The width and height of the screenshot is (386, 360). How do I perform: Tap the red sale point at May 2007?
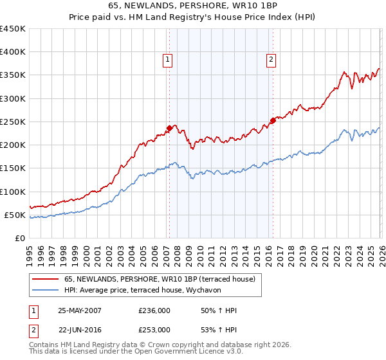click(x=169, y=128)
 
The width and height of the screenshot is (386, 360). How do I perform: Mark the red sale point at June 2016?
click(x=272, y=120)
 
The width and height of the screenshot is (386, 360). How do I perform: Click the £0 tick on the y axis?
click(x=21, y=238)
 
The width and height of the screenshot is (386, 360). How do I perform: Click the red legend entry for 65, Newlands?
click(x=160, y=279)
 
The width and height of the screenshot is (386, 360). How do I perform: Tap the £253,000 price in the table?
click(x=154, y=330)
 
